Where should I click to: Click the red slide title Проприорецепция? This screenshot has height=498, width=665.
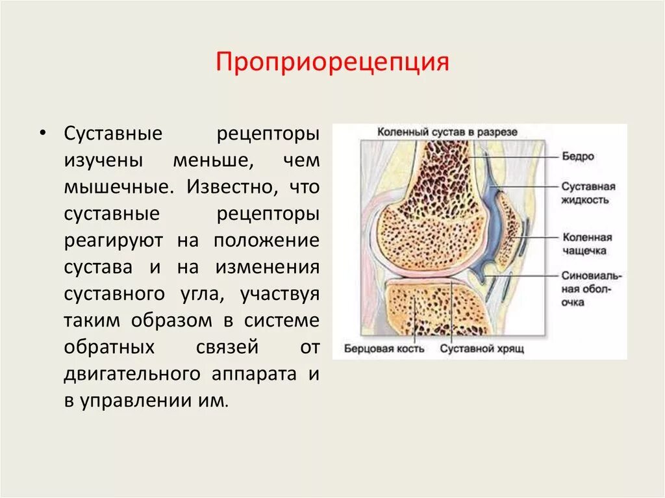332,63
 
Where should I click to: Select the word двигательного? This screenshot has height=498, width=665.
134,373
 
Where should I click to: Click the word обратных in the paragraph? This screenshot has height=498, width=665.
109,347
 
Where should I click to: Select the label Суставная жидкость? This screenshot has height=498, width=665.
588,193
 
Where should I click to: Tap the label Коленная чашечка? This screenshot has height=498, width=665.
587,243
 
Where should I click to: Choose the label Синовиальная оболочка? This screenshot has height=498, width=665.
592,289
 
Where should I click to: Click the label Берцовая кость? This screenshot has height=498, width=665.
384,349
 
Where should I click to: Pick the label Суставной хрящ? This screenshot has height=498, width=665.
482,349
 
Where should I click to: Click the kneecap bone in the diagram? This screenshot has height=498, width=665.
508,227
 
